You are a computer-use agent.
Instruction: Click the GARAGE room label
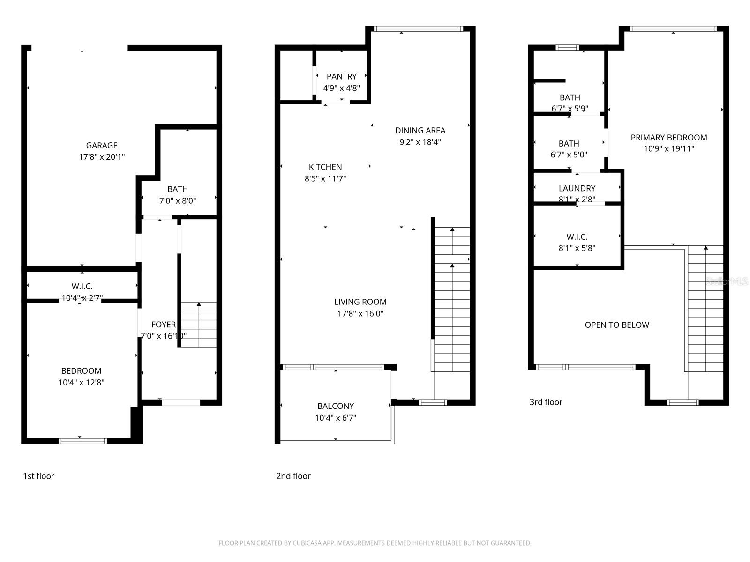coord(102,146)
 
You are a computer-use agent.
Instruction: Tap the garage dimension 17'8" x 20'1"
coord(102,157)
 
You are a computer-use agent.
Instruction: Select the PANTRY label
coord(342,76)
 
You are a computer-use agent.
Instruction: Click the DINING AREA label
coord(420,131)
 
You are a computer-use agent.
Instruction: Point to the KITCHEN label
coord(325,167)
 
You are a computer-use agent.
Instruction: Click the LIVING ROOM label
coord(360,302)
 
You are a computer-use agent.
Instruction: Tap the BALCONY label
coord(336,406)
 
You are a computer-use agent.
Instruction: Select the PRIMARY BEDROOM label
coord(669,138)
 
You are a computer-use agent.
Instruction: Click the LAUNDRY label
coord(577,188)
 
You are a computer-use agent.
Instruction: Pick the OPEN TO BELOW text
coord(617,325)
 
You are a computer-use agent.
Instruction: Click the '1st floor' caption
coord(39,476)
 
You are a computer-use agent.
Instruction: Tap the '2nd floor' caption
coord(293,476)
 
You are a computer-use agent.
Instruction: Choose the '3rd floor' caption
coord(546,402)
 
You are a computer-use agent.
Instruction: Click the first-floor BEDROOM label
coord(81,371)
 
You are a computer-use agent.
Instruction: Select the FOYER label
coord(164,325)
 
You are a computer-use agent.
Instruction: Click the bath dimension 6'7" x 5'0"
coord(569,155)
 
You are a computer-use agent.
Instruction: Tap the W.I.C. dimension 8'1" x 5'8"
coord(577,248)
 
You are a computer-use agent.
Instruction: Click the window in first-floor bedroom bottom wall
coord(83,441)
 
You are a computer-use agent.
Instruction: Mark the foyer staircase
coord(199,325)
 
